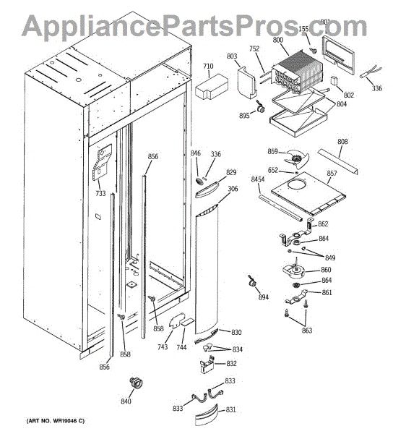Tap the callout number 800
[277, 42]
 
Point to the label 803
[231, 56]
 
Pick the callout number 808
[342, 141]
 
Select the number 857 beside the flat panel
[332, 174]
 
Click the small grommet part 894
[254, 281]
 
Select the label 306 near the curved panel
[233, 190]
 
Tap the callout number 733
[100, 193]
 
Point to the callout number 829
[231, 172]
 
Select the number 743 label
[163, 347]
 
